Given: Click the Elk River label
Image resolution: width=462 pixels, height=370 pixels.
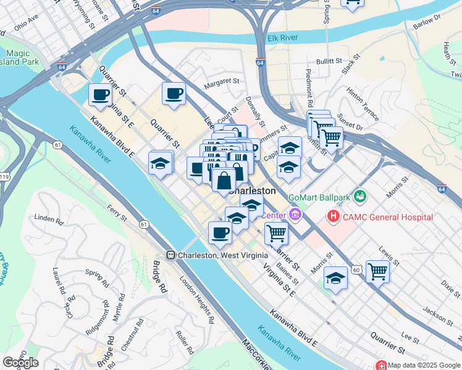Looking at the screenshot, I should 282,38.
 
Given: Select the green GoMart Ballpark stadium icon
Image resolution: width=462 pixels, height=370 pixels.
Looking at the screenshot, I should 360,197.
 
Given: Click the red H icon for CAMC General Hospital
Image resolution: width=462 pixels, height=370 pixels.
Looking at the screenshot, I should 334,216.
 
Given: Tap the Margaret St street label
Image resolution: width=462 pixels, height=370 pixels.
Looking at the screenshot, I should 222,81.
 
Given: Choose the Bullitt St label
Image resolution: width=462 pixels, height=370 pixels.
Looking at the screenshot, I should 330,61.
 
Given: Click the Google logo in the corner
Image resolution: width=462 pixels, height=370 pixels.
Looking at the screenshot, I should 20,363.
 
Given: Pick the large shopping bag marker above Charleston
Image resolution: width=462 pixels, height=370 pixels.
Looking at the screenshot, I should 224,181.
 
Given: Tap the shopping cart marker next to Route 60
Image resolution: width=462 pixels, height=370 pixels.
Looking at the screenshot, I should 377,271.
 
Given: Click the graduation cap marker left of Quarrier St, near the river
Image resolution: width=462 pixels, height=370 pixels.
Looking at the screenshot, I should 161,163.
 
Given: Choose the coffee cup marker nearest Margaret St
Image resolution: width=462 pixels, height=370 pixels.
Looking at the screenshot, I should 174,94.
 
